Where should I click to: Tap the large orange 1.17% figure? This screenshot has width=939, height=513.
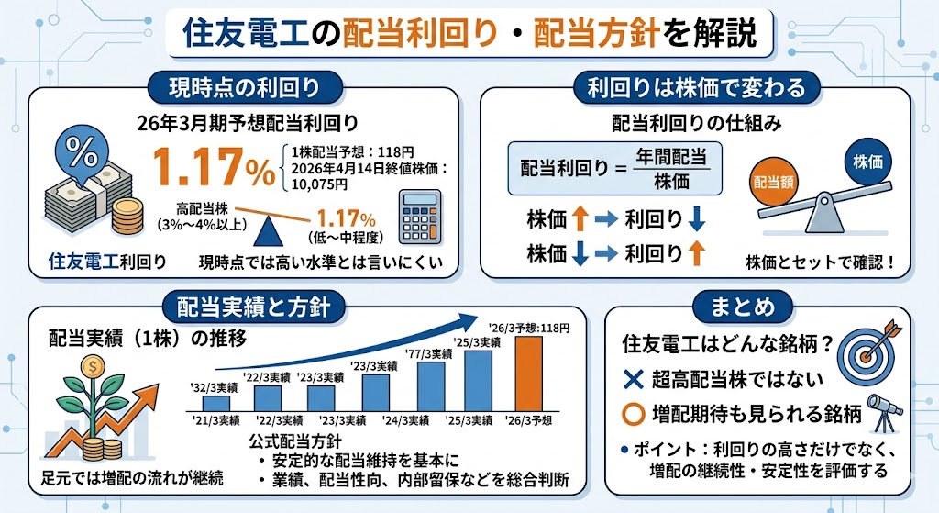tap(213, 168)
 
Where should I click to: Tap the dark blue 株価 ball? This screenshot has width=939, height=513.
tap(867, 161)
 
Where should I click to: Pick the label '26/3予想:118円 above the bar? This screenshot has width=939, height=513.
tap(529, 327)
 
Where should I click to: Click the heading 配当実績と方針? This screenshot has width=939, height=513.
tap(246, 304)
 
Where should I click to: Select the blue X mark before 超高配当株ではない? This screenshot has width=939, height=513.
tap(631, 379)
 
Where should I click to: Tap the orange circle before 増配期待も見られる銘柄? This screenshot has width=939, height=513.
tap(632, 414)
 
